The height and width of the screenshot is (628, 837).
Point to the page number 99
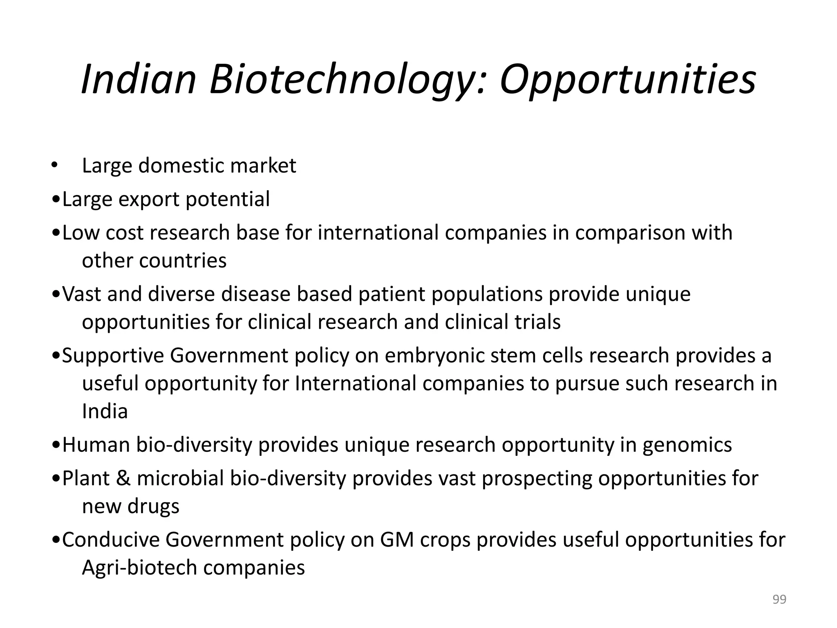[779, 599]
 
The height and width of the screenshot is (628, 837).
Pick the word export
[149, 200]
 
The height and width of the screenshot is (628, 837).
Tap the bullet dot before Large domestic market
[54, 166]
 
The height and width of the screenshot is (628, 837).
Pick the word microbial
[180, 478]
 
